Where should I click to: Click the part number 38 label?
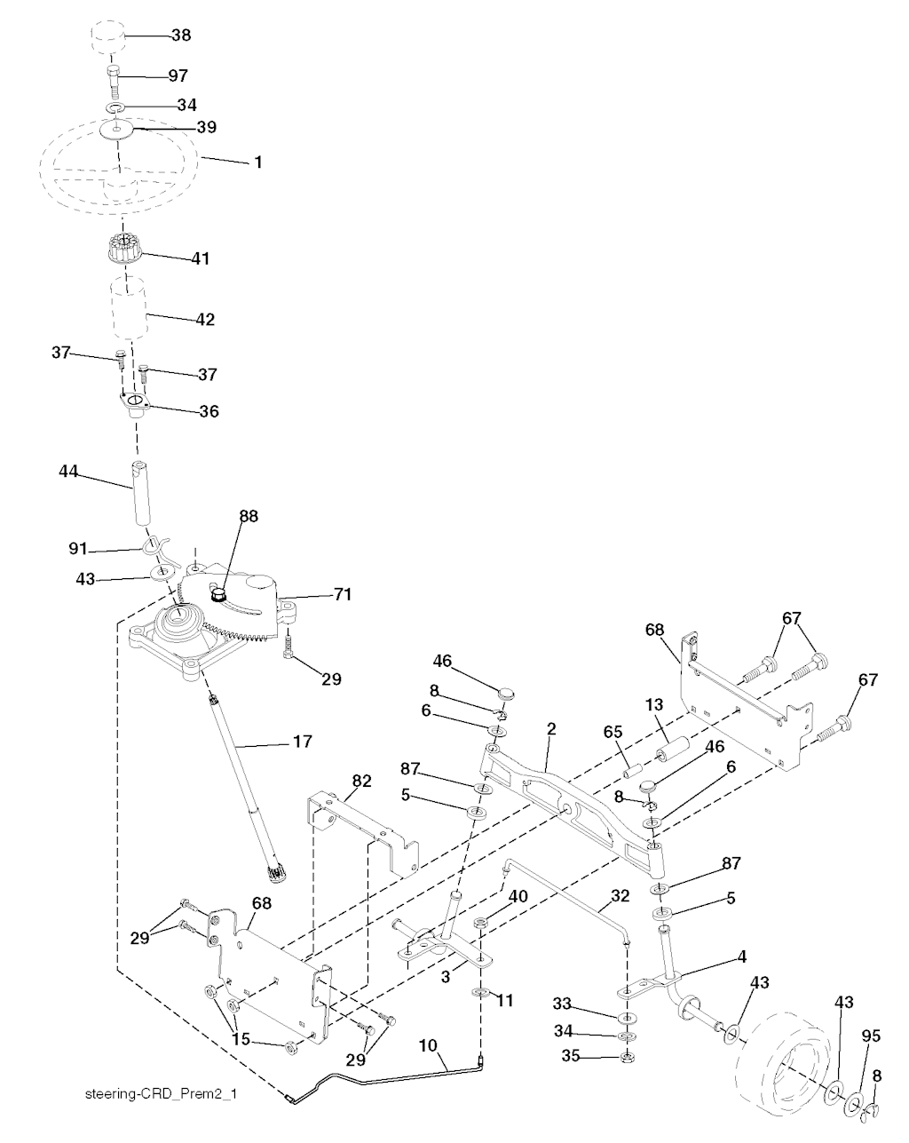[180, 36]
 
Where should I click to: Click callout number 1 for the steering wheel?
[258, 163]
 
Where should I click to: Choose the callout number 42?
[205, 319]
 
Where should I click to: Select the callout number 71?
[343, 594]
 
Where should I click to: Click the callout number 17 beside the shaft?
[304, 741]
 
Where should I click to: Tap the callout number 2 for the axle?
[551, 728]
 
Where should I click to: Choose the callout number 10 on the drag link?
[428, 1047]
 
